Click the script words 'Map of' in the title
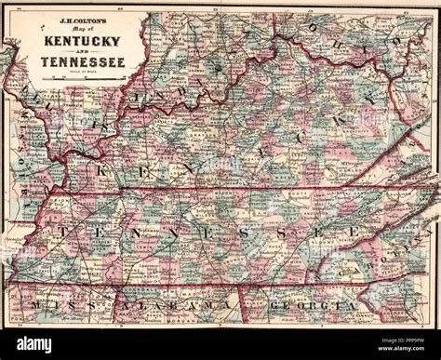coord(83,31)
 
